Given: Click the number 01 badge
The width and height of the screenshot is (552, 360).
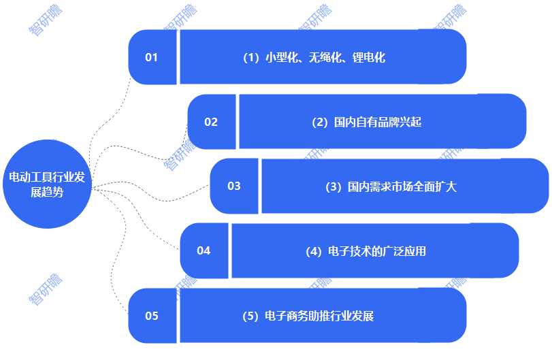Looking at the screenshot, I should (x=151, y=57).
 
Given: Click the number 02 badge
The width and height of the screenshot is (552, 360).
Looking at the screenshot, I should (x=211, y=122).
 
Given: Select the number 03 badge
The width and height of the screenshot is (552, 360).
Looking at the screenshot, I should (x=233, y=186).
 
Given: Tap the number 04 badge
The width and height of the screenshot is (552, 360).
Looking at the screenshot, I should (x=204, y=250).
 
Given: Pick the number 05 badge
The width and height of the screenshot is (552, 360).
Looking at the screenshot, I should (x=151, y=316).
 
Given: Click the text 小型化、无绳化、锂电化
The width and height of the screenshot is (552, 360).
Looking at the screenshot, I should (x=325, y=58).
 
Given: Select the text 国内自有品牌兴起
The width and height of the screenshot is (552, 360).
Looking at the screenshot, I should (x=378, y=122).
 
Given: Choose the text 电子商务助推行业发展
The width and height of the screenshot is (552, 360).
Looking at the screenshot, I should (x=319, y=316).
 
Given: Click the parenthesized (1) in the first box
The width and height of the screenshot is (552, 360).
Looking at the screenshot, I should (x=252, y=58).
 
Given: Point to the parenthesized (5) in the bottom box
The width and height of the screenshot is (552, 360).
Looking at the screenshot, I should (x=251, y=316).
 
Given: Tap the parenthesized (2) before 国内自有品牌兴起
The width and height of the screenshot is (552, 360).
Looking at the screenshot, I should (x=320, y=122).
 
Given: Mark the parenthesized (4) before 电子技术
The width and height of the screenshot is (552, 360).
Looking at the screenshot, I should (x=314, y=251).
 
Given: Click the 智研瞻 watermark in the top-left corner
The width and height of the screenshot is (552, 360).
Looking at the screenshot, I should (x=44, y=20).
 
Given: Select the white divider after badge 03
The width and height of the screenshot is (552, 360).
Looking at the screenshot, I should (x=260, y=186).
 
